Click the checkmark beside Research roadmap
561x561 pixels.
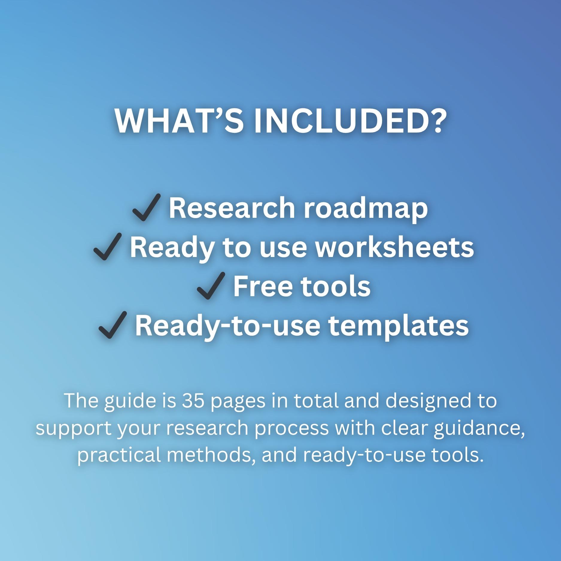146,207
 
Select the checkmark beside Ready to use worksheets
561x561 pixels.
107,247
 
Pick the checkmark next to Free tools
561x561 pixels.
211,286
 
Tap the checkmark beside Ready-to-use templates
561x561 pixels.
113,325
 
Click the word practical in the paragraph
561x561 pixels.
119,456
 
